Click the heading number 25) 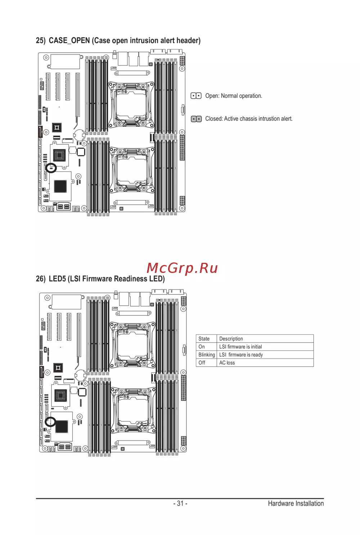[41, 41]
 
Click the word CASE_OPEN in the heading [69, 41]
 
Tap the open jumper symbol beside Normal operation [196, 96]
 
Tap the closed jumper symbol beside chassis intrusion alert [196, 119]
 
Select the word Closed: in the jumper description [214, 119]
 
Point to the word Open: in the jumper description [212, 96]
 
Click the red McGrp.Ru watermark [182, 268]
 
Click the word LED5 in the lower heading [57, 279]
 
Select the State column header [204, 339]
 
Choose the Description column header [231, 339]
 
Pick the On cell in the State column [202, 347]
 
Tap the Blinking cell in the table [206, 355]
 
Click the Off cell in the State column [202, 363]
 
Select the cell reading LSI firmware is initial [240, 347]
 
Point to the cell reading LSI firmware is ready [241, 355]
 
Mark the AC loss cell [227, 363]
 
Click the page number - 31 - [180, 503]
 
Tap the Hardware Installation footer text [296, 503]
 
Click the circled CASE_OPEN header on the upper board [51, 168]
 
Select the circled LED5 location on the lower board [50, 422]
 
